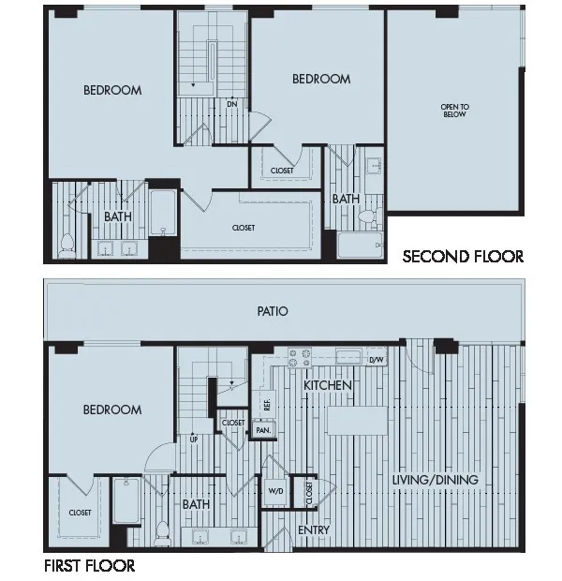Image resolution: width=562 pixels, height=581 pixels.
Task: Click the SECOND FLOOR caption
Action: point(463,256)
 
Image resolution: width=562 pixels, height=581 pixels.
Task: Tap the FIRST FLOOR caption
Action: point(89,566)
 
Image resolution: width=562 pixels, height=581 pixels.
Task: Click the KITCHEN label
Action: point(327,385)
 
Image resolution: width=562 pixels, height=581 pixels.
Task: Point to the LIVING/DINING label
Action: point(435,480)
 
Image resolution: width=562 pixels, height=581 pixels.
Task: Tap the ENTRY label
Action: point(312,530)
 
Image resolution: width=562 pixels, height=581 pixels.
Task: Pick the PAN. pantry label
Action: point(263,430)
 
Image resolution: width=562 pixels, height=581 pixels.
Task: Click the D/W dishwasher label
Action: point(377,359)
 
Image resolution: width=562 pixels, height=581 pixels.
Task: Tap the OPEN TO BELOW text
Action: point(454,111)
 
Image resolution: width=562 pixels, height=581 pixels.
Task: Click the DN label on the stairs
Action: point(230,103)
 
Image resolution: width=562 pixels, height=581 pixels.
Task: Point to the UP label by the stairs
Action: point(195,438)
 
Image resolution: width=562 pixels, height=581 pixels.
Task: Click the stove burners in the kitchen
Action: point(299,357)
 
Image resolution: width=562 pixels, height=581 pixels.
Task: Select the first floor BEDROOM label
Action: point(112,410)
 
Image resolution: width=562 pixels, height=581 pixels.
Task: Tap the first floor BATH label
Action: point(196,504)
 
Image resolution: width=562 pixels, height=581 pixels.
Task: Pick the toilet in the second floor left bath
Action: point(67,245)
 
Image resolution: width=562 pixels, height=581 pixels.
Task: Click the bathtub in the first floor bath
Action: point(126,501)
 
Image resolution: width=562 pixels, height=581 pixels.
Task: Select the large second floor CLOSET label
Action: point(244,228)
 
